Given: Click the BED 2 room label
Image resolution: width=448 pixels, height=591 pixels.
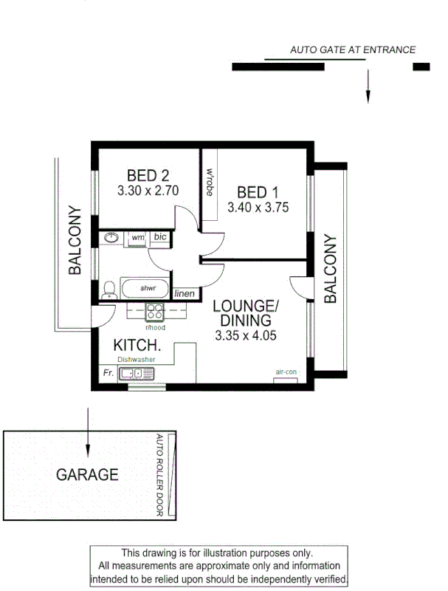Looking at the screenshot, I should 148,176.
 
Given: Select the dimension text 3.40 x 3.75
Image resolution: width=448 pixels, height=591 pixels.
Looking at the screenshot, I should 258,208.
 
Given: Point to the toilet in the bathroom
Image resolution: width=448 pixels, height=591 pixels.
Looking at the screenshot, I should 108,290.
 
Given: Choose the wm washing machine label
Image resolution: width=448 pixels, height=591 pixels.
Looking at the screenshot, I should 137,237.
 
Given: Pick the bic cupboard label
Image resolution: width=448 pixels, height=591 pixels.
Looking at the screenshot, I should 160,237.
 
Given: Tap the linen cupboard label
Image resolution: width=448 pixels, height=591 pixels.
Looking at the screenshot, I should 185,294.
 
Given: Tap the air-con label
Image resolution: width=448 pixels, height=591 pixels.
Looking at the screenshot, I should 285,372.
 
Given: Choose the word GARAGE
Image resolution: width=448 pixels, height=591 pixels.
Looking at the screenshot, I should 87,474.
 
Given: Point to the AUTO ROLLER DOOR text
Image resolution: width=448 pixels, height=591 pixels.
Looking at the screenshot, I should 159,475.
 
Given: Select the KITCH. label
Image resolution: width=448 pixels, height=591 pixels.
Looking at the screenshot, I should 137,345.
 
